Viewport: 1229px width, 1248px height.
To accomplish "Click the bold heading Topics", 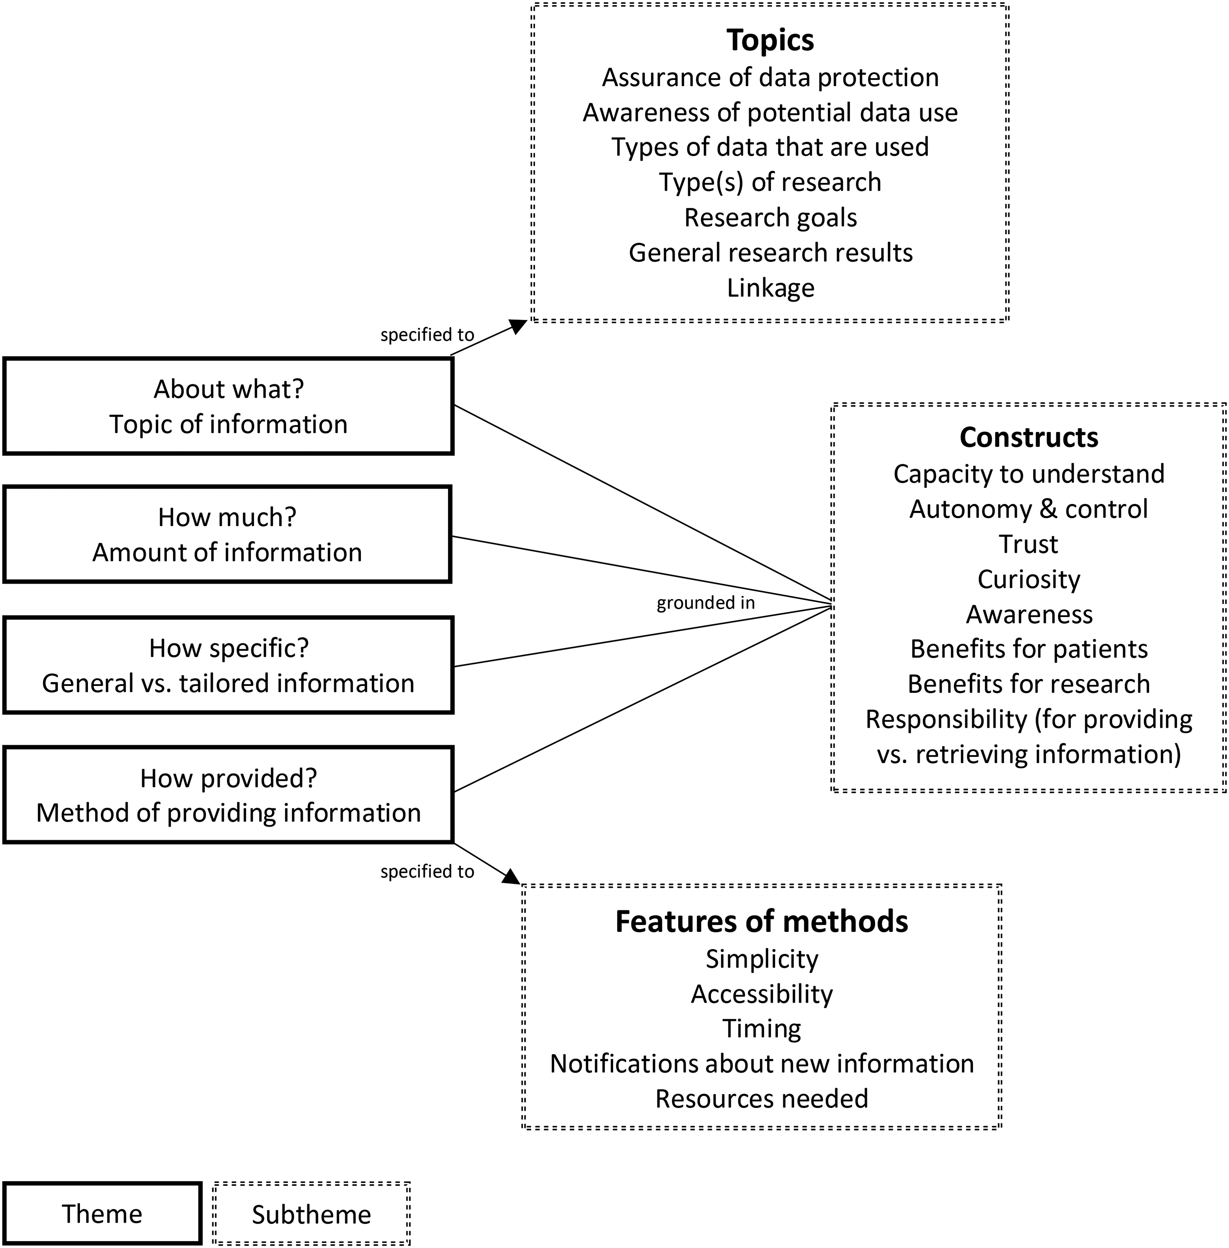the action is tap(770, 40).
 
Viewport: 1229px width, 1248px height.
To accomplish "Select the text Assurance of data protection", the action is tap(770, 78).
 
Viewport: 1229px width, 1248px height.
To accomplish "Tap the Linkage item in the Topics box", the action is tap(770, 288).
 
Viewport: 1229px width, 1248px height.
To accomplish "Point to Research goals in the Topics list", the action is tap(770, 217).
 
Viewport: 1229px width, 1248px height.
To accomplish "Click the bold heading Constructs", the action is tap(1029, 437).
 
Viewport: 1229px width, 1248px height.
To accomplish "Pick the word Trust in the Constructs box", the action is tap(1029, 544).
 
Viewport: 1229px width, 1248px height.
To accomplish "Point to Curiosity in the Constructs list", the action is tap(1029, 579).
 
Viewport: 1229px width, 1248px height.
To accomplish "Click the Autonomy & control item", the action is tap(1029, 509).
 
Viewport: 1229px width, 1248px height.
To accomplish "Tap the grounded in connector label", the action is tap(706, 603).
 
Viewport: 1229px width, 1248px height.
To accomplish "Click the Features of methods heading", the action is tap(762, 922).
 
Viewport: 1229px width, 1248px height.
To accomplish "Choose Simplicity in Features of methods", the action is tap(762, 959).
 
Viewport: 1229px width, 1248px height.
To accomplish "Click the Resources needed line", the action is tap(762, 1098).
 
